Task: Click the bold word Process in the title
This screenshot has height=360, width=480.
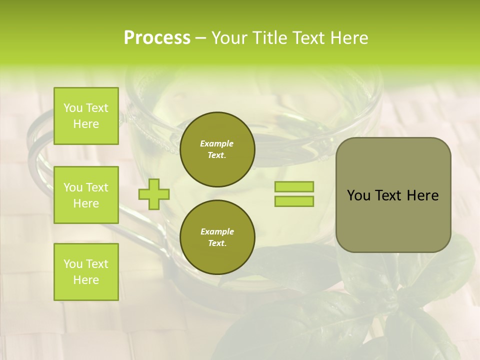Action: tap(157, 38)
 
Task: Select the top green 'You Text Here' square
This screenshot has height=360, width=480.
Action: tap(86, 116)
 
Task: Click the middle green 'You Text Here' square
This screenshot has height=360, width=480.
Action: tap(86, 195)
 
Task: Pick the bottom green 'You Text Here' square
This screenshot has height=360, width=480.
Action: tap(86, 272)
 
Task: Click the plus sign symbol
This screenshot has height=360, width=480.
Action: tap(154, 194)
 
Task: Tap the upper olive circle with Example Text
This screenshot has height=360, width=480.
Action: tap(217, 149)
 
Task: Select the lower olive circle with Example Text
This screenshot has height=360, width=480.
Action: tap(217, 237)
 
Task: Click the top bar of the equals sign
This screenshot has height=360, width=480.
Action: tap(294, 187)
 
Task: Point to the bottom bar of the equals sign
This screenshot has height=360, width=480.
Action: tap(294, 201)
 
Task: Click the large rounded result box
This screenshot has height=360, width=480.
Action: tap(393, 195)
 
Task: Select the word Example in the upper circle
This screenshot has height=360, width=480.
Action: tap(217, 143)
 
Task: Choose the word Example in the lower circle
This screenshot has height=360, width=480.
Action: tap(217, 231)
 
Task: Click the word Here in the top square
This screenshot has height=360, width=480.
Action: tap(86, 124)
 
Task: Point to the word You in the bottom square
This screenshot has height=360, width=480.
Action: tap(73, 264)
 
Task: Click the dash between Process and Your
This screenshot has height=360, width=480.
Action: tap(201, 38)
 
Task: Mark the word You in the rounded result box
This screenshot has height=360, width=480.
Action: tap(359, 195)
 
